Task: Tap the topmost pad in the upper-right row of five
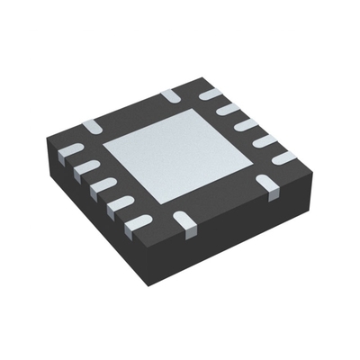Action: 211,93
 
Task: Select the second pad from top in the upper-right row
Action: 229,109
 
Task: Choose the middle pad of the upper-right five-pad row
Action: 246,125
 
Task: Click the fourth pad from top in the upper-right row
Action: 263,141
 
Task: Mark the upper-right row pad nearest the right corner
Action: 283,158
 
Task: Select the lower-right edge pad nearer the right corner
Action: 267,184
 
